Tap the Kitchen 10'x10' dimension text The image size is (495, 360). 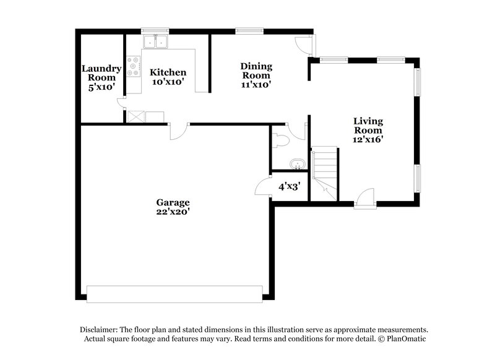click(168, 82)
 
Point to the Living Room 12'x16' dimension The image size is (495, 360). click(368, 140)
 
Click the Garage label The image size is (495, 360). click(172, 202)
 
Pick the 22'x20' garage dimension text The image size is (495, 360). click(172, 212)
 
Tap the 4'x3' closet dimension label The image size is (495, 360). click(289, 186)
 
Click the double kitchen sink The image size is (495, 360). click(157, 42)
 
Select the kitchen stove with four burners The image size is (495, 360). click(134, 66)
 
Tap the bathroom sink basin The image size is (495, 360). click(298, 165)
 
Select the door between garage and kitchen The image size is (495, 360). click(178, 131)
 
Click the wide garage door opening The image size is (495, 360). click(174, 294)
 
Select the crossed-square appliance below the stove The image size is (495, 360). click(136, 116)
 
